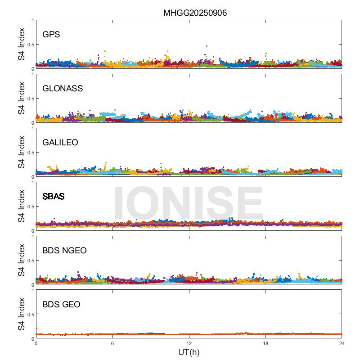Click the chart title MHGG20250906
pyautogui.click(x=195, y=13)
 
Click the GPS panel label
pyautogui.click(x=51, y=34)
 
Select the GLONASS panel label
pyautogui.click(x=63, y=88)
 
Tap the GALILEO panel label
pyautogui.click(x=60, y=142)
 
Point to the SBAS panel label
pyautogui.click(x=54, y=196)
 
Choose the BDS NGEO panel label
pyautogui.click(x=64, y=251)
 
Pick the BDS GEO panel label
pyautogui.click(x=61, y=305)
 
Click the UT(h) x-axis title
pyautogui.click(x=189, y=352)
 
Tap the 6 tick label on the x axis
pyautogui.click(x=112, y=344)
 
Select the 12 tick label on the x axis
pyautogui.click(x=189, y=344)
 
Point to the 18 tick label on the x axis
pyautogui.click(x=265, y=344)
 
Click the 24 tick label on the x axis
pyautogui.click(x=342, y=344)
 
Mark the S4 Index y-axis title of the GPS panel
pyautogui.click(x=22, y=44)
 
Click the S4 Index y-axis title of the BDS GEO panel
pyautogui.click(x=22, y=314)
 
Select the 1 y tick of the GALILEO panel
pyautogui.click(x=32, y=128)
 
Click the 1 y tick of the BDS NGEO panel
pyautogui.click(x=32, y=236)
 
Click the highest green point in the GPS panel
pyautogui.click(x=207, y=46)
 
